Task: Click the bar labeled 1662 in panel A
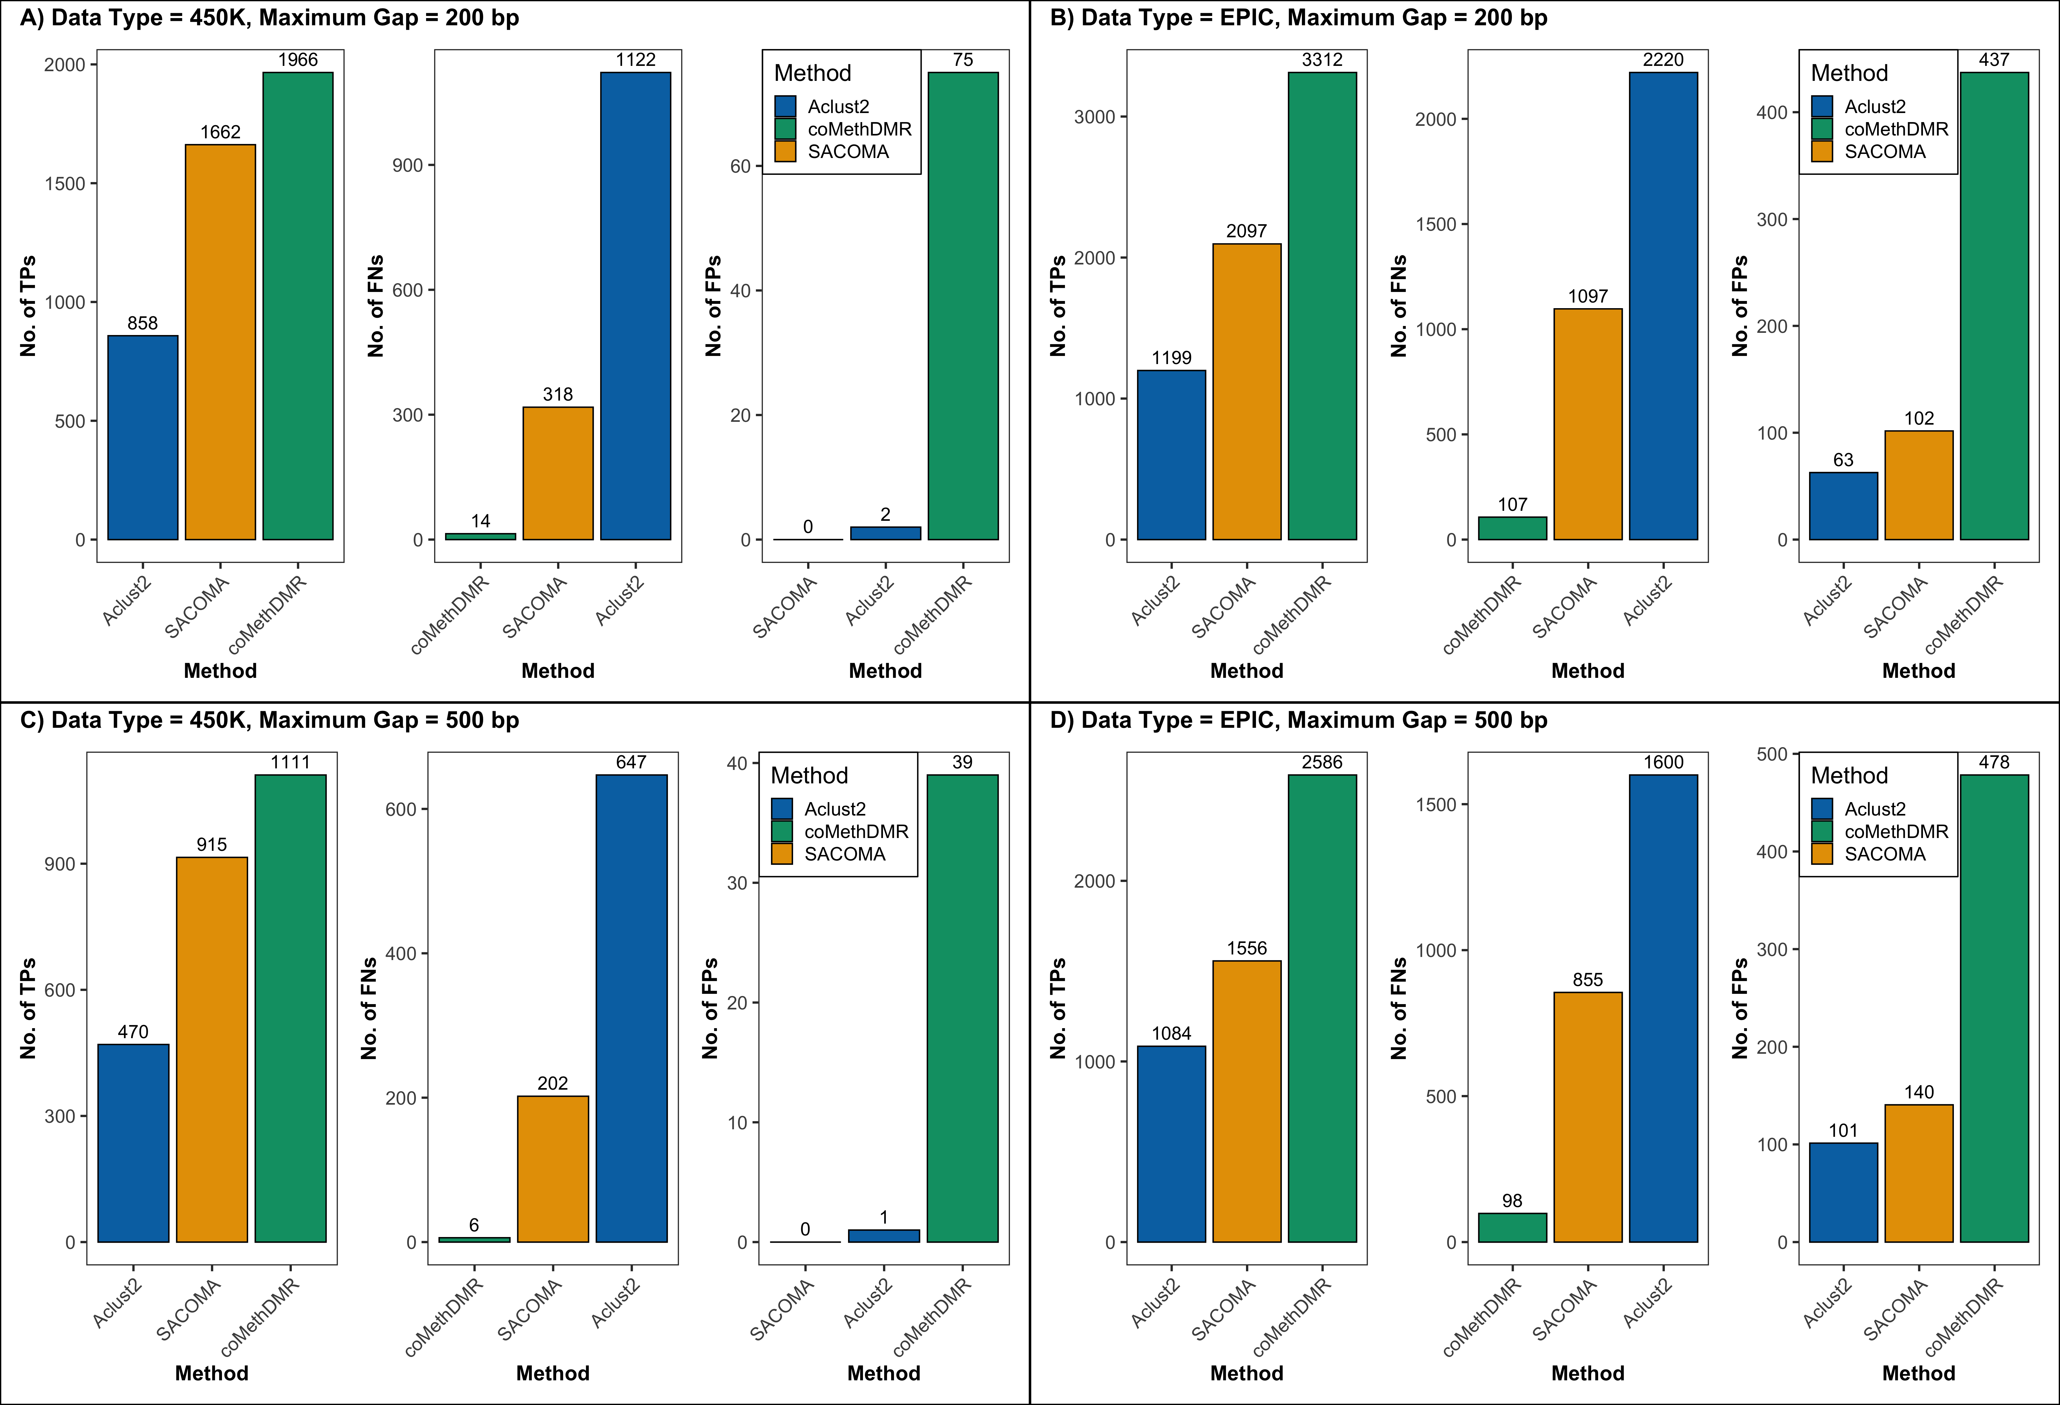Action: [220, 341]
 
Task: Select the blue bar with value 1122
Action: [635, 306]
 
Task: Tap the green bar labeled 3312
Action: [1322, 306]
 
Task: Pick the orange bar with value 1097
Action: [1587, 424]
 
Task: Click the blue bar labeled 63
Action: [1843, 505]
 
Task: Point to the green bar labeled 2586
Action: [1322, 1008]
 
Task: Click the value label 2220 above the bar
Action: [1663, 59]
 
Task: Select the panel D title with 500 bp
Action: [1298, 720]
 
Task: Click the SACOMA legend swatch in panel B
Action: [1822, 151]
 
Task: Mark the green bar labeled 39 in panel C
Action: [963, 1008]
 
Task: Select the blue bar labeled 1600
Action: [1663, 1008]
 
